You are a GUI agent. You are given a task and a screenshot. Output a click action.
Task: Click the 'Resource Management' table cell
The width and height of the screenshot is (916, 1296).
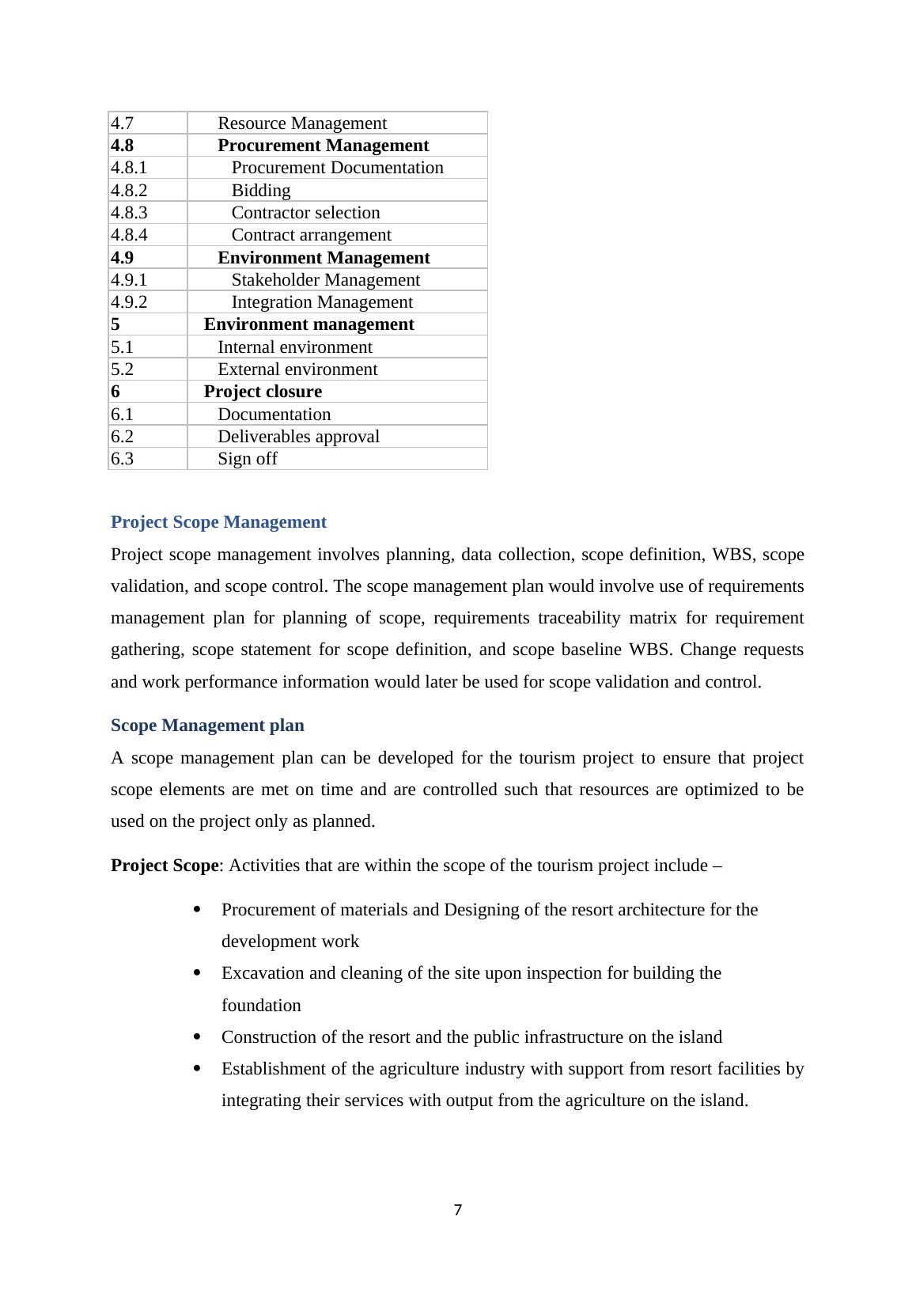click(x=301, y=123)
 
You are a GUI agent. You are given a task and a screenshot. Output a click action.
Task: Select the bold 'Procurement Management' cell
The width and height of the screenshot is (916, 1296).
click(x=323, y=146)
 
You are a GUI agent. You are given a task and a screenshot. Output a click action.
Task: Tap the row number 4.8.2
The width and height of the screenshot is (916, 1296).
click(x=129, y=191)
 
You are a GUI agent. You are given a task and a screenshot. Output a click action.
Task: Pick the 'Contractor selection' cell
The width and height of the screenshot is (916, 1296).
click(x=305, y=213)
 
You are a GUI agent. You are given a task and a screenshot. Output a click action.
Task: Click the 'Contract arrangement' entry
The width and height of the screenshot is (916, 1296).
click(x=311, y=235)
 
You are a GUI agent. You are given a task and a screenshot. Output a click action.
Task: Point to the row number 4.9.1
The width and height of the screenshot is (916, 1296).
click(x=129, y=280)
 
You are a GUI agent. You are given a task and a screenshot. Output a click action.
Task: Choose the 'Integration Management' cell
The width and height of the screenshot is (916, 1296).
click(x=322, y=302)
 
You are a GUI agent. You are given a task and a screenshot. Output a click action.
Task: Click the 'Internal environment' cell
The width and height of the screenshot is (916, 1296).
click(x=294, y=347)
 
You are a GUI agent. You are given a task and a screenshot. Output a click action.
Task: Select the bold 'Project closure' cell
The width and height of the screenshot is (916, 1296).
click(x=263, y=392)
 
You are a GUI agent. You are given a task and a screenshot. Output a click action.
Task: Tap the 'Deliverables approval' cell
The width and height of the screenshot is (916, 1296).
click(x=298, y=437)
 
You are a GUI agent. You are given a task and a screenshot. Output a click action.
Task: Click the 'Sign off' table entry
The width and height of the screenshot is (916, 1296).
click(x=247, y=459)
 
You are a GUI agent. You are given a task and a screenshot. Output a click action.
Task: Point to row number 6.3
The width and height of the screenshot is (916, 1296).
click(x=123, y=459)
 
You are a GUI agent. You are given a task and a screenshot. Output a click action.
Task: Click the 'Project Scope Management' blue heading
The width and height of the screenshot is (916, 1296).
click(x=218, y=522)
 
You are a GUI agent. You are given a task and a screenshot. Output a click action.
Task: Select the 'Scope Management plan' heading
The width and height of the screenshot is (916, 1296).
click(x=207, y=726)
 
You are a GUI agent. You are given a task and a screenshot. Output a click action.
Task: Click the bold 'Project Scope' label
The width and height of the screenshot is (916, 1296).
click(x=165, y=866)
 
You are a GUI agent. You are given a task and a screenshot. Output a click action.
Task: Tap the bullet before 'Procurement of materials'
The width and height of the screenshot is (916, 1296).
click(x=197, y=910)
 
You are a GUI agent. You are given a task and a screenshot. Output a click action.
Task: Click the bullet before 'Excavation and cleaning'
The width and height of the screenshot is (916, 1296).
click(x=197, y=973)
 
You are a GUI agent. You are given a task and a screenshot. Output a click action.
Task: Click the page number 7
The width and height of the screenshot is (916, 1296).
click(x=458, y=1210)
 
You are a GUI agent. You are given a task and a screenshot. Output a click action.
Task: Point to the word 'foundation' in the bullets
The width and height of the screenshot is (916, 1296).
click(x=261, y=1006)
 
